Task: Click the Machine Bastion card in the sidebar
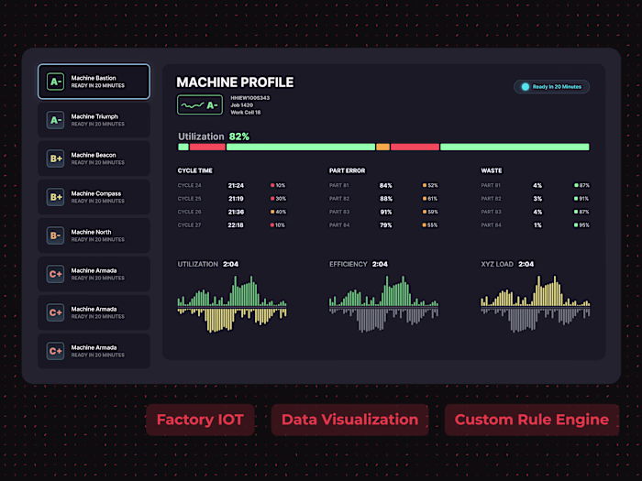(x=94, y=82)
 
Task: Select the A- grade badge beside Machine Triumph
(x=56, y=120)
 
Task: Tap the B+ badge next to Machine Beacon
(x=56, y=159)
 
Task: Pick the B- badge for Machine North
(x=56, y=235)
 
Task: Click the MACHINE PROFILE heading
(x=235, y=82)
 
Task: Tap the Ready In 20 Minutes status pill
(x=551, y=87)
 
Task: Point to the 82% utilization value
(x=239, y=136)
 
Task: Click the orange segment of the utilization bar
(x=382, y=147)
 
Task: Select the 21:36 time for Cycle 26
(x=236, y=212)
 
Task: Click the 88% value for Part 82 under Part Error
(x=386, y=199)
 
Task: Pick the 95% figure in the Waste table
(x=584, y=224)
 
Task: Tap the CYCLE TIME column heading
(x=195, y=170)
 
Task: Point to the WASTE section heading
(x=492, y=170)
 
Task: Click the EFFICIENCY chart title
(x=349, y=264)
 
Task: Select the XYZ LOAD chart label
(x=498, y=264)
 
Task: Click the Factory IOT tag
(x=200, y=420)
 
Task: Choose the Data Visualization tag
(x=349, y=420)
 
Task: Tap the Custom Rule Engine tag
(x=531, y=420)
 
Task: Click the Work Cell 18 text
(x=246, y=113)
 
